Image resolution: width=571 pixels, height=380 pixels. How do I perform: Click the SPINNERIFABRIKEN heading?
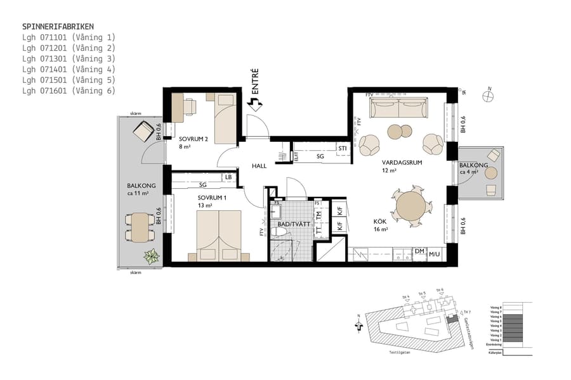pyautogui.click(x=58, y=27)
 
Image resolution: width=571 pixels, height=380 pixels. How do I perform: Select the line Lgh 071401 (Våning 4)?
pyautogui.click(x=69, y=69)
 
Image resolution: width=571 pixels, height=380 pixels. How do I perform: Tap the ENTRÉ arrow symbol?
pyautogui.click(x=255, y=105)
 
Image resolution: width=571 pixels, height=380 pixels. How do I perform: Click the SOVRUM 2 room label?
pyautogui.click(x=193, y=139)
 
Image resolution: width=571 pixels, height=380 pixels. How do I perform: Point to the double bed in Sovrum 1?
pyautogui.click(x=219, y=234)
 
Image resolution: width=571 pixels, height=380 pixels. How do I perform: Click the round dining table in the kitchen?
pyautogui.click(x=411, y=206)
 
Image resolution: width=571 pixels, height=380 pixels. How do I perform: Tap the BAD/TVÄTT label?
pyautogui.click(x=291, y=224)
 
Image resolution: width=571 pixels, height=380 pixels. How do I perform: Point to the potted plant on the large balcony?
pyautogui.click(x=151, y=256)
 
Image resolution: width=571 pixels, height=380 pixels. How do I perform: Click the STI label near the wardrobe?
pyautogui.click(x=343, y=148)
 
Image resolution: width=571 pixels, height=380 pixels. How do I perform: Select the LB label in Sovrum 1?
pyautogui.click(x=228, y=177)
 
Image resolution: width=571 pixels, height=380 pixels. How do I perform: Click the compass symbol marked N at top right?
pyautogui.click(x=488, y=96)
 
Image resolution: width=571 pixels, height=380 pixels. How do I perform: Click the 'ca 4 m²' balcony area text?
pyautogui.click(x=469, y=172)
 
